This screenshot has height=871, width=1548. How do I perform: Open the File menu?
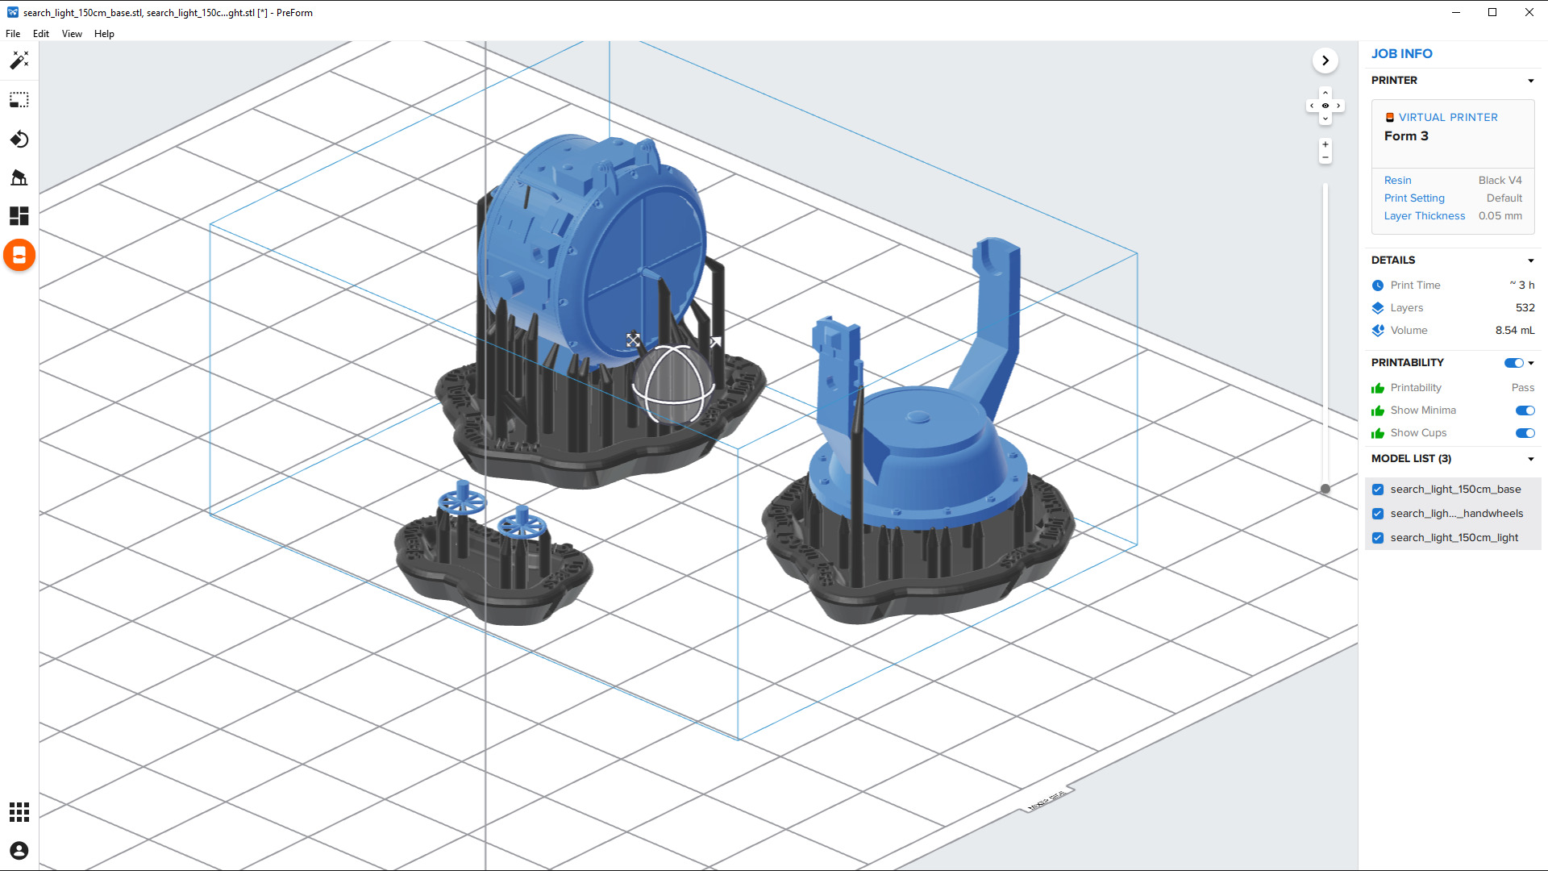[x=13, y=34]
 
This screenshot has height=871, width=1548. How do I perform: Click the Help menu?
[x=104, y=34]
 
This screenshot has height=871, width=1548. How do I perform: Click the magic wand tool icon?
[x=19, y=60]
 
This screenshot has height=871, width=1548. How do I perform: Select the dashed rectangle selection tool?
[x=19, y=100]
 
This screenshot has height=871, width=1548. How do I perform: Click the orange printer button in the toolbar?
[x=19, y=256]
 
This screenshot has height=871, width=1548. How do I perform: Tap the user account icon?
[x=19, y=851]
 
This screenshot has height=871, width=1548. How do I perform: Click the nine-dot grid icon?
[x=19, y=812]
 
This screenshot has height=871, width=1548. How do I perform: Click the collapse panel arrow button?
[x=1325, y=60]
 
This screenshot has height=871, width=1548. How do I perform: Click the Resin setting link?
[x=1397, y=181]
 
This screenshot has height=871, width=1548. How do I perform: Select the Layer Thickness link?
[x=1424, y=216]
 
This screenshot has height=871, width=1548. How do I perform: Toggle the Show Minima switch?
[x=1525, y=410]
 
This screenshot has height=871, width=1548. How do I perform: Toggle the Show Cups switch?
[x=1525, y=433]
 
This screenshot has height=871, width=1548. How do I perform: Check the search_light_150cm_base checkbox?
[x=1378, y=490]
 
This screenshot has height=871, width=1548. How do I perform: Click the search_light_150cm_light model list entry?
[x=1454, y=538]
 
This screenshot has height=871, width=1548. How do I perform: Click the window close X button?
[x=1529, y=12]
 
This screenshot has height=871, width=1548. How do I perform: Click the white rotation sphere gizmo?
[x=674, y=385]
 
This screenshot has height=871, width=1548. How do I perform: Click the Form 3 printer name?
[x=1406, y=136]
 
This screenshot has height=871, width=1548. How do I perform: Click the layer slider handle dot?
[x=1325, y=489]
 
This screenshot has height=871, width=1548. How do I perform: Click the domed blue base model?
[x=919, y=452]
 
